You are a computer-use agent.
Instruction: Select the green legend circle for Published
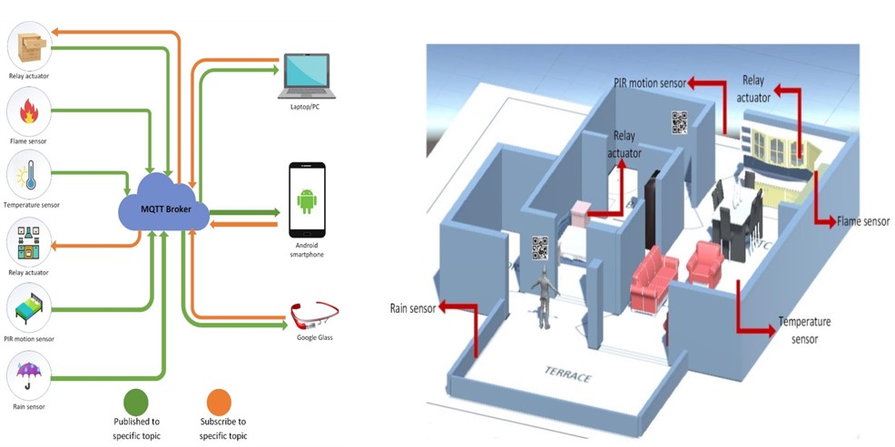135,402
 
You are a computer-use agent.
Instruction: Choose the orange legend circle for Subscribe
219,402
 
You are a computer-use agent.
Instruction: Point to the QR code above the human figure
540,248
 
